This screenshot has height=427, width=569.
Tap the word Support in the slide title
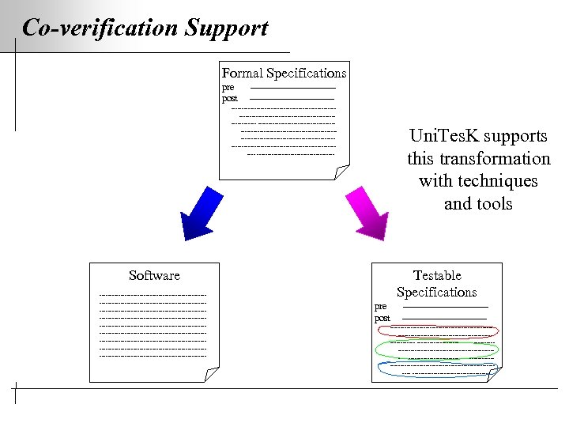point(226,28)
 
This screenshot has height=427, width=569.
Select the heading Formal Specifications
point(284,73)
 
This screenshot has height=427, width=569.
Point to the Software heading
point(154,275)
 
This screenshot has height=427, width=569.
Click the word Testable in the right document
point(437,275)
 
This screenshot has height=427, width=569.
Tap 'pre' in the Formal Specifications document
point(228,87)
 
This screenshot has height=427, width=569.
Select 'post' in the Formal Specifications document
point(229,98)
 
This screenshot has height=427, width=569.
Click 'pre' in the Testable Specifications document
point(380,306)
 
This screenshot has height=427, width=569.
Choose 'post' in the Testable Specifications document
point(382,318)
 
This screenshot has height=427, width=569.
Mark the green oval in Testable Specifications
point(437,349)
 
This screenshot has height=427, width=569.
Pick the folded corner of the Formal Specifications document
point(341,172)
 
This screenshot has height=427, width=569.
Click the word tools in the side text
point(495,204)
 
